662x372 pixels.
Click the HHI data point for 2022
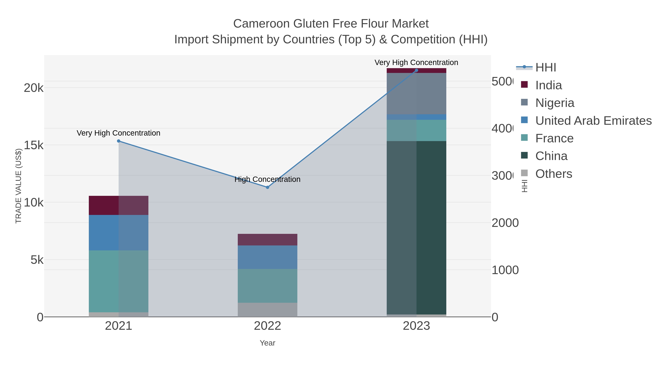(x=267, y=187)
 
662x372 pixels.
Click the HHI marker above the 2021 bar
(x=118, y=141)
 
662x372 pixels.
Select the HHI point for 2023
(x=416, y=70)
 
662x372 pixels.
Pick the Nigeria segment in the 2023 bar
(x=416, y=94)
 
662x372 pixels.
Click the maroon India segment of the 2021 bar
(x=118, y=205)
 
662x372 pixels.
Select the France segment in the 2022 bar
(x=267, y=286)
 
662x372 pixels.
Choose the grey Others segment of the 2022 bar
(x=267, y=310)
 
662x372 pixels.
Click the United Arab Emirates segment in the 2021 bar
(x=118, y=233)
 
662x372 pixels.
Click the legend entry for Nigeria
(x=555, y=103)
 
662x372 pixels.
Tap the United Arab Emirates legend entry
(x=593, y=121)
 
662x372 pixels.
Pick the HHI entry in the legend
(x=546, y=68)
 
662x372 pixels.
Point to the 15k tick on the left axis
(x=33, y=145)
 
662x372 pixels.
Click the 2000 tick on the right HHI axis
(x=505, y=223)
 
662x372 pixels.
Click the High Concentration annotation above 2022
(x=267, y=179)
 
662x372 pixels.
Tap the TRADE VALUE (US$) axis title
(x=19, y=186)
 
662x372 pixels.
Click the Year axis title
(x=267, y=343)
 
